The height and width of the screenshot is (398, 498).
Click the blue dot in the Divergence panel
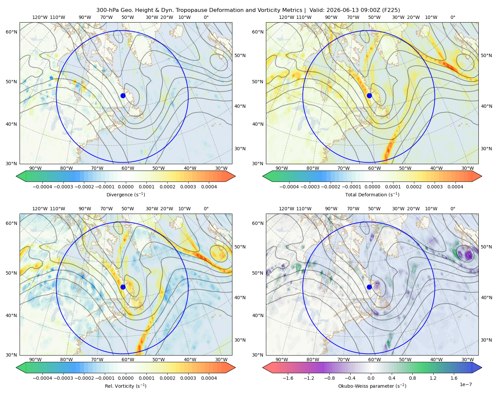(x=123, y=96)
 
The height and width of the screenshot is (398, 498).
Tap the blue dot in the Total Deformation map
(x=369, y=96)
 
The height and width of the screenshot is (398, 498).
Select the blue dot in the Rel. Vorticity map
(x=123, y=287)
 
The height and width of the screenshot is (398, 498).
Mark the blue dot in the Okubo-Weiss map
(x=369, y=287)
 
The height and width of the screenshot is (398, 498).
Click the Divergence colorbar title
(x=125, y=194)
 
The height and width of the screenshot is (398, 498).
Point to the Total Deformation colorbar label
(x=372, y=194)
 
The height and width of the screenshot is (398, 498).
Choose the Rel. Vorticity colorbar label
(x=125, y=386)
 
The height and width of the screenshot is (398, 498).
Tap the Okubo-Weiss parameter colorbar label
(x=372, y=386)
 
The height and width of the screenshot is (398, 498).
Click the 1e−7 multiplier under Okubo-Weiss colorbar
(x=465, y=384)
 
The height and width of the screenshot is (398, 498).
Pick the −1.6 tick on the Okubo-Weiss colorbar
(x=288, y=378)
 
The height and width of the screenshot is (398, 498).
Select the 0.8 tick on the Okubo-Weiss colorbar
(x=412, y=378)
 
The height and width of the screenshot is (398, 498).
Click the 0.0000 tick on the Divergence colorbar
(x=125, y=187)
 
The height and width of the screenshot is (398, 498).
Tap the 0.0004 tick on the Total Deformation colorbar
(x=455, y=187)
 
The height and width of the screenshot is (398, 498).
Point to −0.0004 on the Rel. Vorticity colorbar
(x=42, y=378)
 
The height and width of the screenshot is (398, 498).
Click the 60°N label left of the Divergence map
(x=11, y=32)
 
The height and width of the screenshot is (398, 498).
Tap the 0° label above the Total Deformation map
(x=453, y=17)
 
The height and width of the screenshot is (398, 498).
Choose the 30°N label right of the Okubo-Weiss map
(x=486, y=340)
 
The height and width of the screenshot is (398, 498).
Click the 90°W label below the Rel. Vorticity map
(x=36, y=360)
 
